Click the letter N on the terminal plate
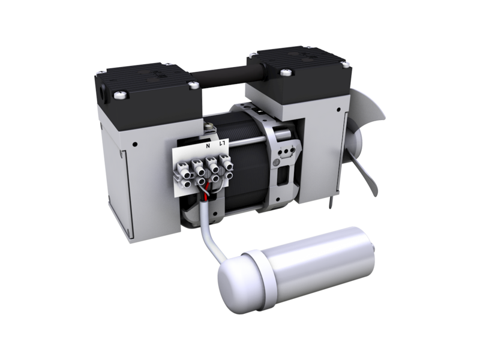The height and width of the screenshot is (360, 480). pos(208,145)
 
